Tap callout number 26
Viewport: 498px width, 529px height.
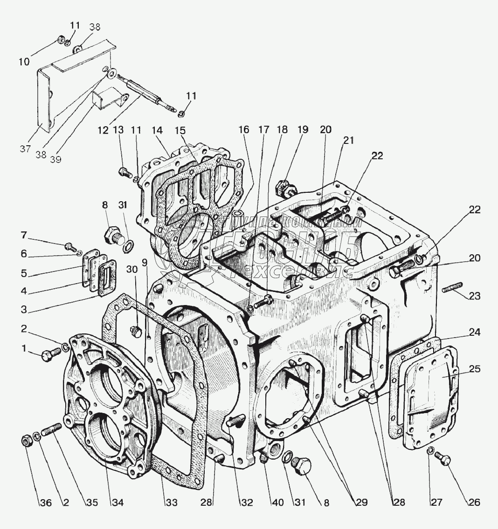(x=474, y=502)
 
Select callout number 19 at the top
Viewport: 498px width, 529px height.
(x=303, y=129)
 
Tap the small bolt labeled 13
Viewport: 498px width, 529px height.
(x=124, y=172)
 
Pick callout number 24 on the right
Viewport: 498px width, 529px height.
(x=475, y=332)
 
